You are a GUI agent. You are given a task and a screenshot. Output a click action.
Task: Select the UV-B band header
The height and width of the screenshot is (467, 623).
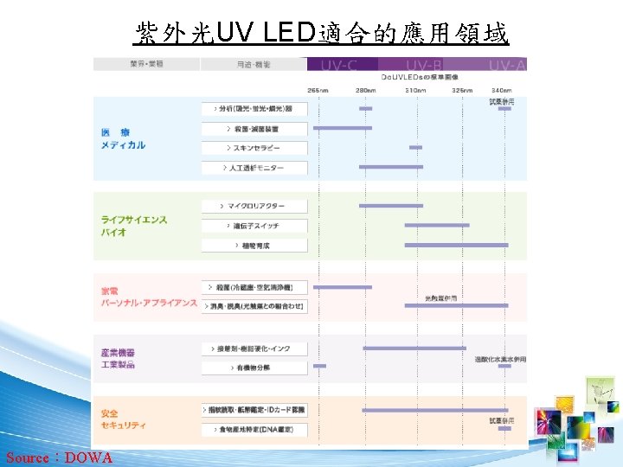424,64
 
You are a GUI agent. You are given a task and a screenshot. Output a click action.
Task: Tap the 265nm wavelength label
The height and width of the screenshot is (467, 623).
318,90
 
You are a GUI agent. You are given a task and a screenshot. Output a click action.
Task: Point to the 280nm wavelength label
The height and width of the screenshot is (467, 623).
365,90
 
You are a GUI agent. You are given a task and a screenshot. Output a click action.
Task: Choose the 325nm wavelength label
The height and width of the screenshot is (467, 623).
461,90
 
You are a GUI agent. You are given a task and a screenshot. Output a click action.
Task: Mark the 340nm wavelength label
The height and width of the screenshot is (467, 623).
500,90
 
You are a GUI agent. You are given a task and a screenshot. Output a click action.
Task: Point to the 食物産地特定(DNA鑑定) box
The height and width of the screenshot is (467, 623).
255,429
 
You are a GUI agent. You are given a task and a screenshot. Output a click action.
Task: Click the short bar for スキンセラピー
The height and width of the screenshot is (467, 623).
415,148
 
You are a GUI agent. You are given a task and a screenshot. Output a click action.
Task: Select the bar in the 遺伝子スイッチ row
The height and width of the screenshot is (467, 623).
437,226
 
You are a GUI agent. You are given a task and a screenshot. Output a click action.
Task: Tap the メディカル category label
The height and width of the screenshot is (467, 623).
123,145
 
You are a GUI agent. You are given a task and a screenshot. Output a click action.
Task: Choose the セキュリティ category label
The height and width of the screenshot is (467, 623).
123,425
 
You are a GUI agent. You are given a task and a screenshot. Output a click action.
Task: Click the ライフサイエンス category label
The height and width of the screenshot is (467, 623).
134,220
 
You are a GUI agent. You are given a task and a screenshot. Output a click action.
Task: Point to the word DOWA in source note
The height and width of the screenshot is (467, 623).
88,457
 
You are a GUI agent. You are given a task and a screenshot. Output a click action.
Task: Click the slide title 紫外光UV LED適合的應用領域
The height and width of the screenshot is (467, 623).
322,33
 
